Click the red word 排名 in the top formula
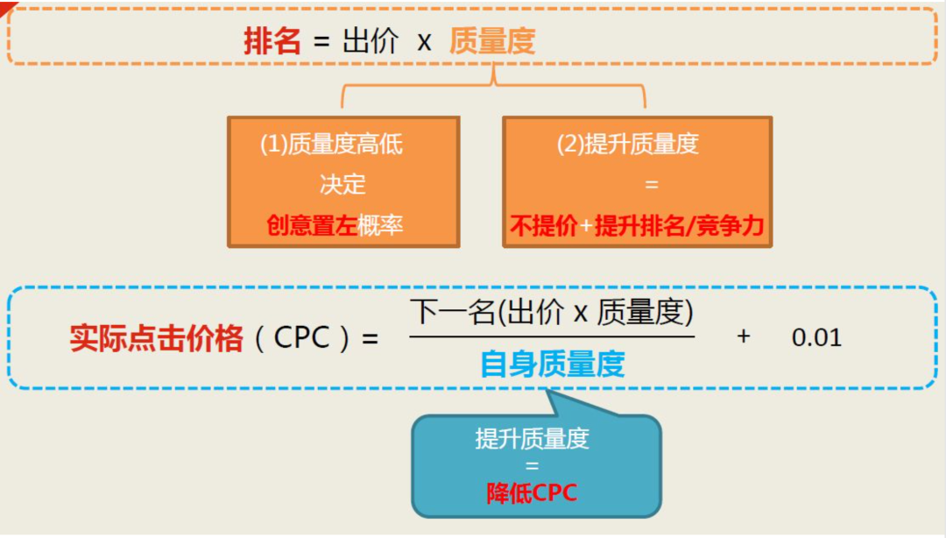pyautogui.click(x=272, y=41)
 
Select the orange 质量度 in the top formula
pyautogui.click(x=492, y=41)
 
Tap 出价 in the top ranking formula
pyautogui.click(x=370, y=41)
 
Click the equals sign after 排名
pyautogui.click(x=321, y=42)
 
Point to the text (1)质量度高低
pyautogui.click(x=331, y=145)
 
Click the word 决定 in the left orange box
pyautogui.click(x=342, y=185)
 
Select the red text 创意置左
pyautogui.click(x=312, y=225)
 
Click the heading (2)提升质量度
pyautogui.click(x=628, y=145)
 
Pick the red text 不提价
pyautogui.click(x=544, y=226)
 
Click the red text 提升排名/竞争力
pyautogui.click(x=680, y=226)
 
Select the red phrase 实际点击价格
pyautogui.click(x=157, y=338)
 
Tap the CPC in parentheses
pyautogui.click(x=302, y=338)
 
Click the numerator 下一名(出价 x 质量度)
pyautogui.click(x=552, y=313)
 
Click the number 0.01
pyautogui.click(x=816, y=337)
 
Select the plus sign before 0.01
pyautogui.click(x=744, y=336)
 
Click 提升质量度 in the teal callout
pyautogui.click(x=532, y=438)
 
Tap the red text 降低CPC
pyautogui.click(x=532, y=493)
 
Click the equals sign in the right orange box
pyautogui.click(x=651, y=186)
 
